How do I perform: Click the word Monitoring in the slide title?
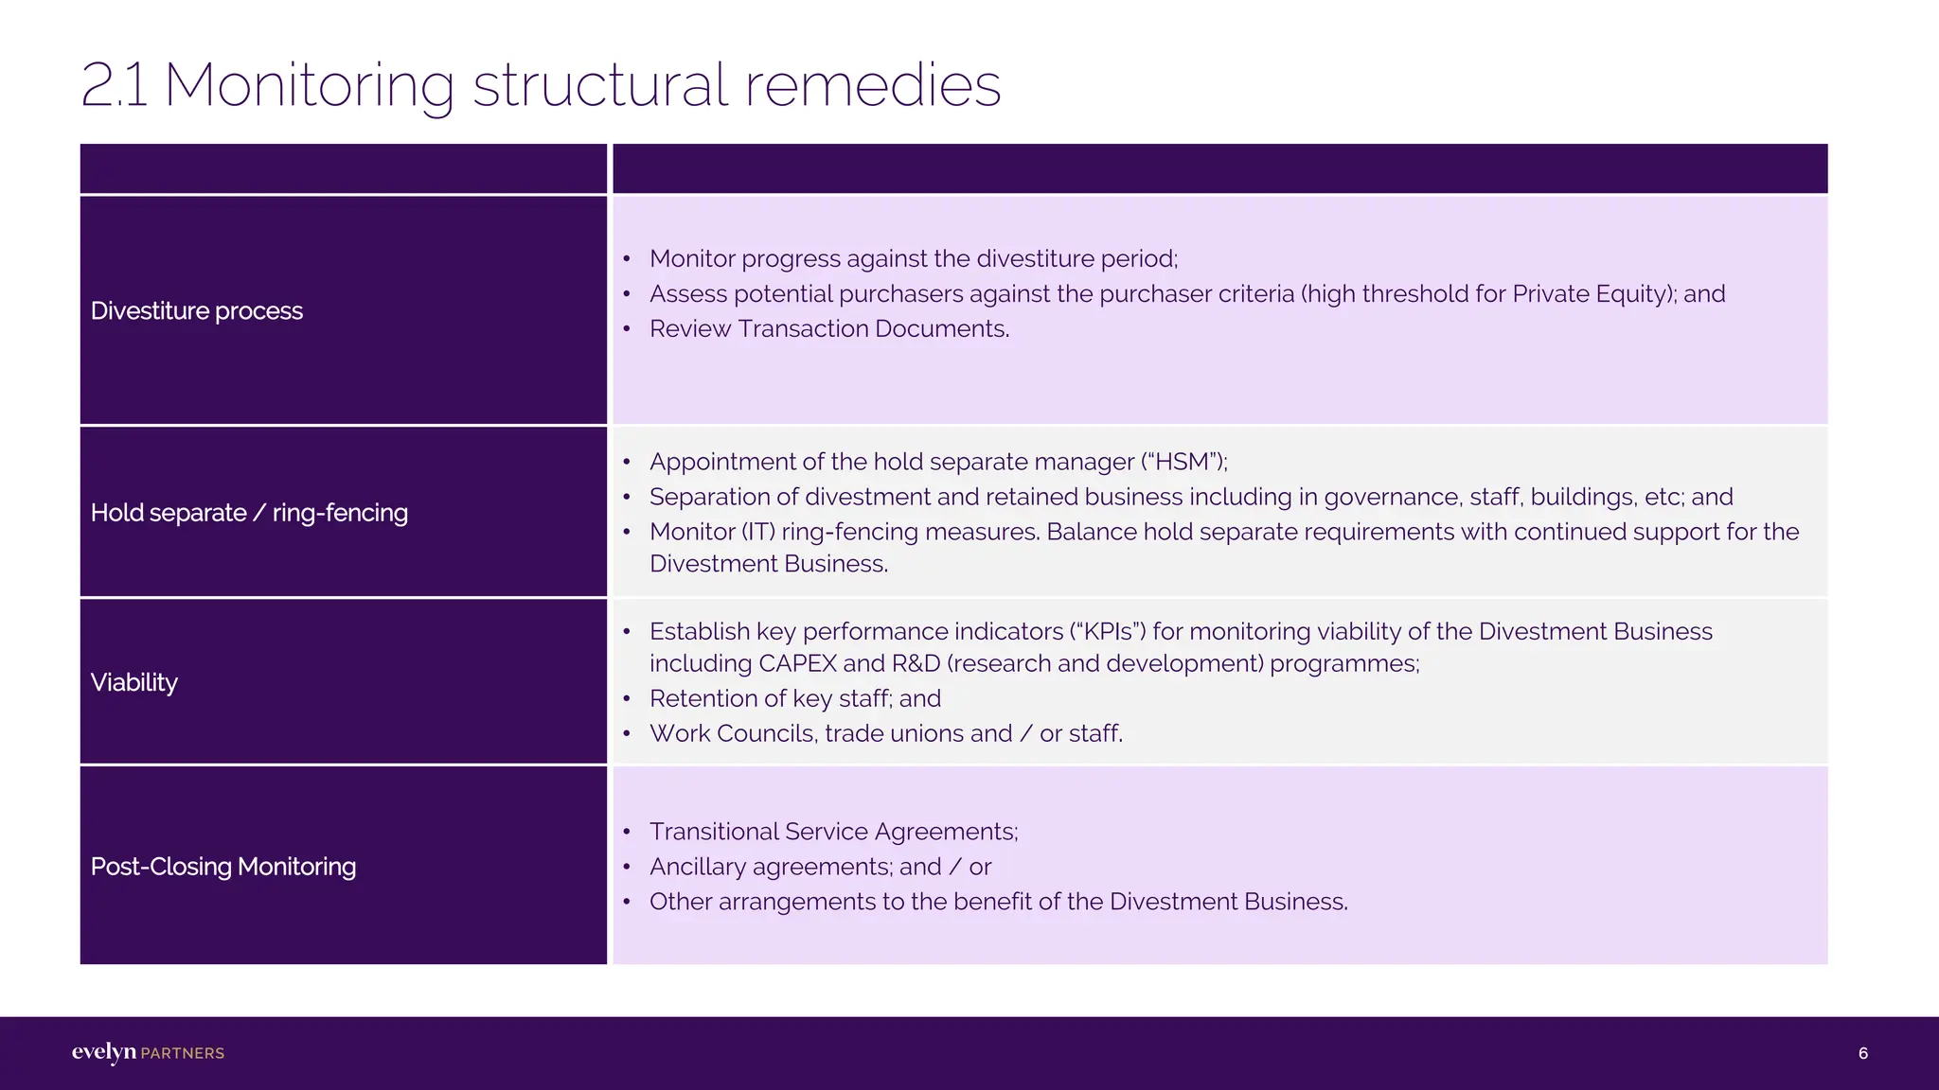(x=309, y=85)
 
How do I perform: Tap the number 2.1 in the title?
(x=114, y=85)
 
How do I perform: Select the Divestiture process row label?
(x=197, y=311)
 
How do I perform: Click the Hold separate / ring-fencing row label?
(x=249, y=513)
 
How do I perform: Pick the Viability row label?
(x=134, y=683)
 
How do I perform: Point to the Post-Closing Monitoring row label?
(x=223, y=867)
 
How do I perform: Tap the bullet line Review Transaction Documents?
(x=829, y=329)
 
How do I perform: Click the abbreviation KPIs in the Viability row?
(x=1107, y=632)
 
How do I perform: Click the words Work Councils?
(x=733, y=734)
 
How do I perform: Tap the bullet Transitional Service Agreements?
(x=833, y=832)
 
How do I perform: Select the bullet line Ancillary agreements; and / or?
(x=820, y=867)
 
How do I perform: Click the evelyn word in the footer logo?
(x=103, y=1052)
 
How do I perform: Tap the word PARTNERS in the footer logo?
(x=183, y=1053)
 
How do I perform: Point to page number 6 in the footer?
(x=1862, y=1053)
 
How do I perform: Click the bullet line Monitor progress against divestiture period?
(x=913, y=259)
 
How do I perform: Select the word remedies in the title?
(x=872, y=85)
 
